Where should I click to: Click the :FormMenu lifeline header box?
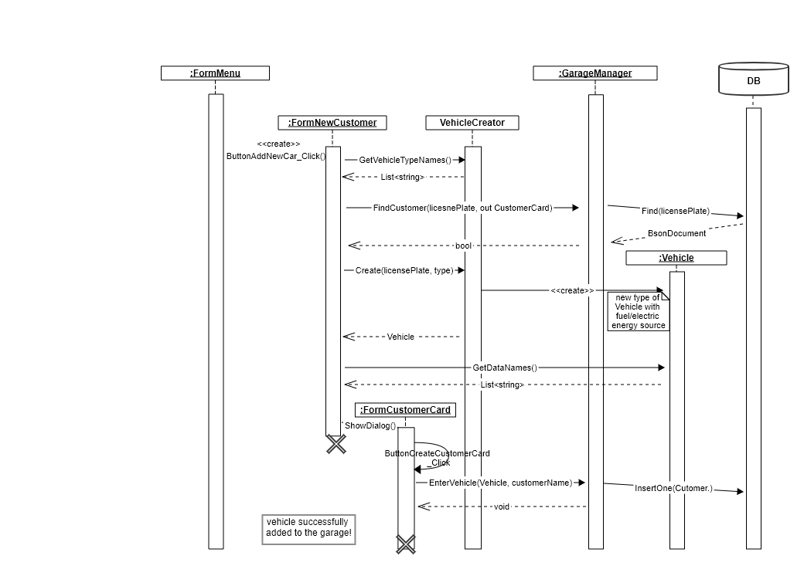[x=215, y=73]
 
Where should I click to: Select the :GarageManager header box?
[x=594, y=73]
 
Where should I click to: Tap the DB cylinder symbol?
[x=753, y=80]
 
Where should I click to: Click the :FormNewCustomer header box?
[x=332, y=123]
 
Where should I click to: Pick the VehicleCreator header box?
[x=472, y=123]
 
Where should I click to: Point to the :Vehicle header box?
[x=676, y=258]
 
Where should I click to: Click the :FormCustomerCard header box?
[x=405, y=410]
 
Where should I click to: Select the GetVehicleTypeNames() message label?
[x=404, y=160]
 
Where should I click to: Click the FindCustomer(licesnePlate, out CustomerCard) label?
[x=462, y=208]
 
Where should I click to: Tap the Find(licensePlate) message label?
[x=675, y=211]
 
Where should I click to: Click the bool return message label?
[x=463, y=246]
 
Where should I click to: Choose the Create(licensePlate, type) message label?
[x=404, y=270]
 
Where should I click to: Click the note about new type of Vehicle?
[x=638, y=311]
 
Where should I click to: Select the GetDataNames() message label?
[x=504, y=368]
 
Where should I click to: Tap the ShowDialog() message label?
[x=370, y=425]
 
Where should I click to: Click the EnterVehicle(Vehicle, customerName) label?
[x=500, y=483]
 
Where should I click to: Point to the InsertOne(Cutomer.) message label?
[x=673, y=489]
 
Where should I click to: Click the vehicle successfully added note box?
[x=308, y=529]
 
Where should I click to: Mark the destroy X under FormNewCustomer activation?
[x=336, y=444]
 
